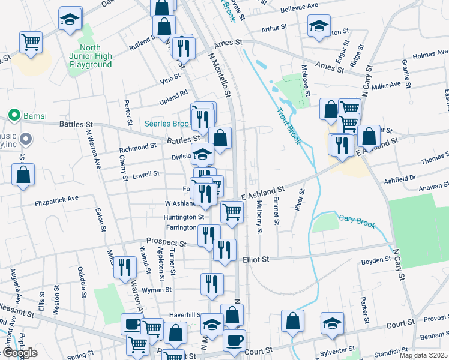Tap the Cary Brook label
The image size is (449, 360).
[357, 221]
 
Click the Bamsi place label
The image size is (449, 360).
[30, 114]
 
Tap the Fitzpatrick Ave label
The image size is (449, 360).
[56, 198]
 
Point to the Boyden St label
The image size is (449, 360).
[377, 260]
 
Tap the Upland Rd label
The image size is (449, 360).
[174, 93]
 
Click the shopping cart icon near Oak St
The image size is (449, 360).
[31, 41]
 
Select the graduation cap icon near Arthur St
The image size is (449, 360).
[319, 25]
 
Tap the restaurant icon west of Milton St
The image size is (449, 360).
[124, 266]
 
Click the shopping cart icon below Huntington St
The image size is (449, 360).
[232, 211]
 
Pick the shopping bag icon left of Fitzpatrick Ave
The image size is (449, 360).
[23, 175]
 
